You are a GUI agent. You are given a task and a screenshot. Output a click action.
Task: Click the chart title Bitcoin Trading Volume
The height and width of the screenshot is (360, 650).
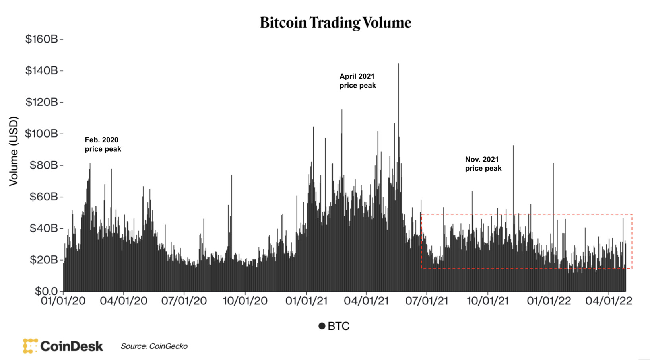(x=336, y=23)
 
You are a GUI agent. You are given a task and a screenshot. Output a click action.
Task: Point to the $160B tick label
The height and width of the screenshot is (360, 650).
(x=41, y=39)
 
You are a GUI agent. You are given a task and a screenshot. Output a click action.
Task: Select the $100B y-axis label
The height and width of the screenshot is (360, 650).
(x=41, y=133)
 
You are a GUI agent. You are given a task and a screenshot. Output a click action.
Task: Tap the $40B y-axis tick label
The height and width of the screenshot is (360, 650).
(x=43, y=228)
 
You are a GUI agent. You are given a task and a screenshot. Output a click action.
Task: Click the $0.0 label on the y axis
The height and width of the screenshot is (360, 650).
(x=46, y=291)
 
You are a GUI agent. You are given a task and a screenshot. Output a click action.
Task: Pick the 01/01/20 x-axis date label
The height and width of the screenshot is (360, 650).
(x=63, y=301)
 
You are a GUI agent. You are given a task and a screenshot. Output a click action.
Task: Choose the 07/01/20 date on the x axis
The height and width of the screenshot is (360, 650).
(x=184, y=301)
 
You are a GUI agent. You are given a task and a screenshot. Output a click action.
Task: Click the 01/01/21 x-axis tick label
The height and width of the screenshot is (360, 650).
(x=306, y=301)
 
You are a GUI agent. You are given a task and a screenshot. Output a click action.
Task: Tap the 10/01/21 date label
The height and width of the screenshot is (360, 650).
(x=487, y=301)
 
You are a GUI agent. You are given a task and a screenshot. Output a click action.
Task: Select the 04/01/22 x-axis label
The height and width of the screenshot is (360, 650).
(x=608, y=301)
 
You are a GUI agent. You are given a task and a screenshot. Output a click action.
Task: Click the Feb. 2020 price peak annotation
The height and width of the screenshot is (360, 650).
(x=103, y=144)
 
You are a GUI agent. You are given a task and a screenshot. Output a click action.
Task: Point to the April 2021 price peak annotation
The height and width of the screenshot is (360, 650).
(x=357, y=81)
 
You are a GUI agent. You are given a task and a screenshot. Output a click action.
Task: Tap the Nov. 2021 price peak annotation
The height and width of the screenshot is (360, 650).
(x=483, y=163)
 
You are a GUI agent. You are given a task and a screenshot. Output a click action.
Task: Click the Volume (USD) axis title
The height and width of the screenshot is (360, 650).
(x=14, y=151)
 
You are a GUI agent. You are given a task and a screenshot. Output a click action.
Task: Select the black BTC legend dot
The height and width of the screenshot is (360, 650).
(x=322, y=326)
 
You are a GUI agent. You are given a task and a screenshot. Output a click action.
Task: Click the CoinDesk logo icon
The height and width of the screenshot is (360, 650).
(x=30, y=346)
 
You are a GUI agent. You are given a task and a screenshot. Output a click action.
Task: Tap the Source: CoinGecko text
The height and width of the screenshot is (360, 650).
(x=154, y=346)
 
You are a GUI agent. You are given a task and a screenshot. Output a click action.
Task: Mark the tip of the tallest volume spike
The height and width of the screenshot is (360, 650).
(x=398, y=64)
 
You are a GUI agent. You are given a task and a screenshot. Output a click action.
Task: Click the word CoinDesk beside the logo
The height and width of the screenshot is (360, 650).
(x=72, y=346)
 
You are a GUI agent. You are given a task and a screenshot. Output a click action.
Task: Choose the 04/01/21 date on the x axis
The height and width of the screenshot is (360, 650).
(x=366, y=301)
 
